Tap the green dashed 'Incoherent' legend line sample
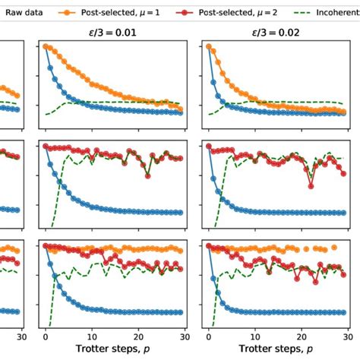tap(310, 13)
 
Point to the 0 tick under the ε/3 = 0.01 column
tap(46, 336)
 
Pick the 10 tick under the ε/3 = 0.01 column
tap(93, 336)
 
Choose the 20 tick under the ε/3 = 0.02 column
tap(302, 336)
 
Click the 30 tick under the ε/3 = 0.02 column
tap(348, 336)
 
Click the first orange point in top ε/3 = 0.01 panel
tap(46, 47)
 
